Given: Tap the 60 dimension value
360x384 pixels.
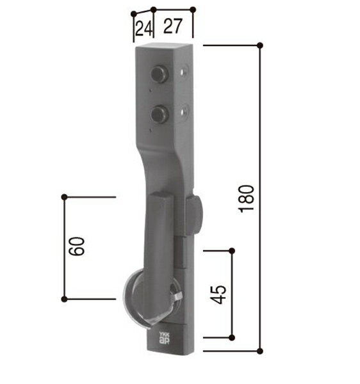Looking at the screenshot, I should [x=77, y=246].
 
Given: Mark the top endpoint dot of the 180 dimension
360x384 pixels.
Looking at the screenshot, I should [x=260, y=45].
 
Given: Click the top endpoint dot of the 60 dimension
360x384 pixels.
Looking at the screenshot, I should [x=63, y=197].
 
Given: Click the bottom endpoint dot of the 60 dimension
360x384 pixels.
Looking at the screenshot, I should [x=63, y=299].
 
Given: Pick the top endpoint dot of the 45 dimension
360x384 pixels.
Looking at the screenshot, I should [x=232, y=250].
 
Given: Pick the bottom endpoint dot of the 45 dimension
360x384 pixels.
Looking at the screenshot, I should [x=232, y=337].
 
